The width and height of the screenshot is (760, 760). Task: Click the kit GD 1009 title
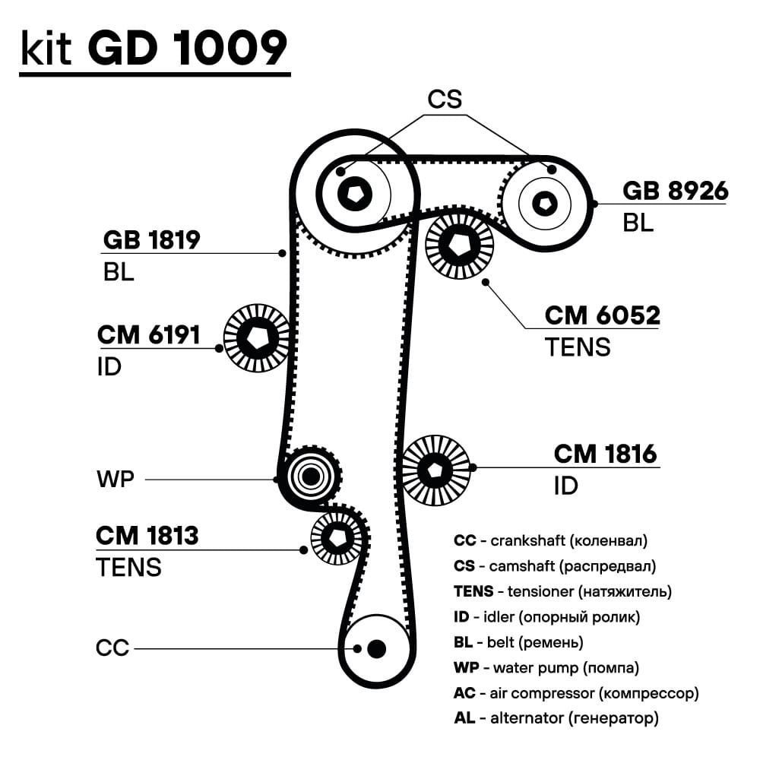(x=154, y=49)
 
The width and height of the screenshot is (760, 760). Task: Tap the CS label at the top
(x=444, y=100)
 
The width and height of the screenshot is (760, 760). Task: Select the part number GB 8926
(x=675, y=191)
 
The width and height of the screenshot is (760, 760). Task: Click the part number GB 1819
(x=151, y=240)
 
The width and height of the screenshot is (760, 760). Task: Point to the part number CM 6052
(x=602, y=315)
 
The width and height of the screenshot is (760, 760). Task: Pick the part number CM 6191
(x=148, y=334)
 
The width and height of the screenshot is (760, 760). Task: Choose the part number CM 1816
(x=605, y=454)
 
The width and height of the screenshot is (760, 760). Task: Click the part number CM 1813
(x=147, y=536)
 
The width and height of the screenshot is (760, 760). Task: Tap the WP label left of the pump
(x=115, y=480)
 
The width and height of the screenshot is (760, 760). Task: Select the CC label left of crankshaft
(x=112, y=648)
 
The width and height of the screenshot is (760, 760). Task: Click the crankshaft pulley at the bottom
(x=376, y=649)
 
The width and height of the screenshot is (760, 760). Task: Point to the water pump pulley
(x=310, y=477)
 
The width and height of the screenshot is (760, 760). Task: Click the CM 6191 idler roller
(x=257, y=338)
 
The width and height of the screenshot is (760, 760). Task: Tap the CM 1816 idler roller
(x=435, y=470)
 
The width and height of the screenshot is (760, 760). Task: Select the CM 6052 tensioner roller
(x=459, y=243)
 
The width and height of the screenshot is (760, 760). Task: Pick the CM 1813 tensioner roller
(x=336, y=537)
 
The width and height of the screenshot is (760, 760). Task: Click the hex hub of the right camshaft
(x=543, y=202)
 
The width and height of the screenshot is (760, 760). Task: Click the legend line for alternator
(x=556, y=717)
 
